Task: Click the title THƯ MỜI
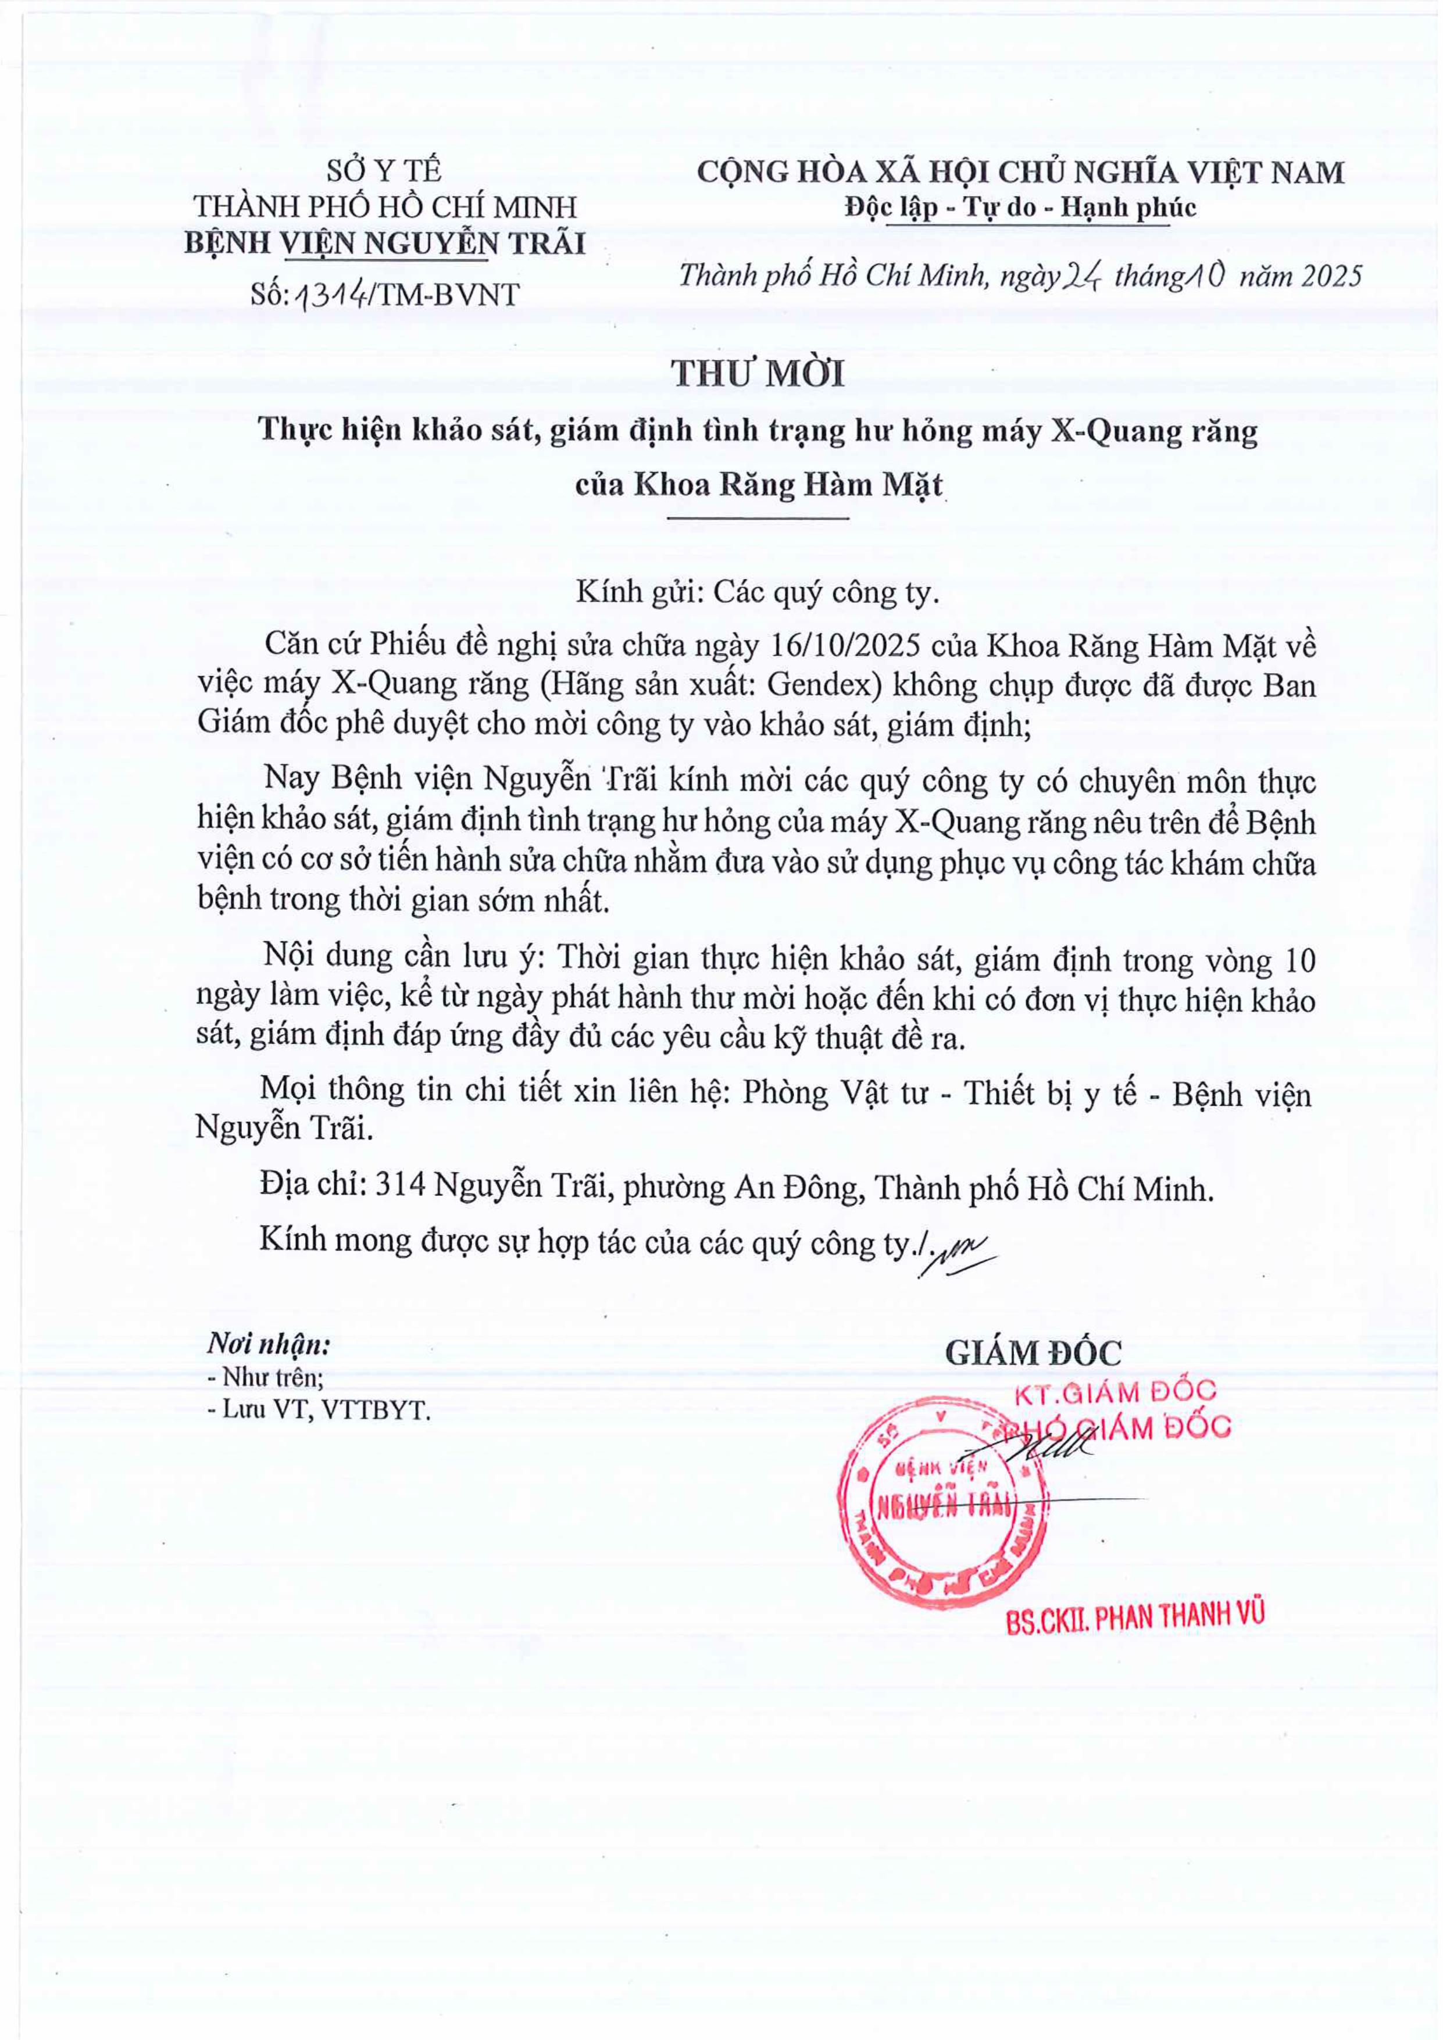click(x=758, y=374)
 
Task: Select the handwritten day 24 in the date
click(x=1083, y=278)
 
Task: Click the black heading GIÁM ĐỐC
click(x=1033, y=1353)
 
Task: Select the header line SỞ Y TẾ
click(x=384, y=170)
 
